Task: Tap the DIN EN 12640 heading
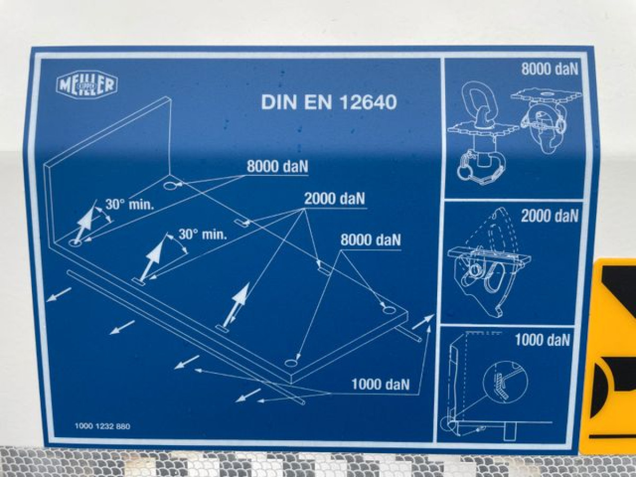[x=329, y=102]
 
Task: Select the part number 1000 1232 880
[x=102, y=426]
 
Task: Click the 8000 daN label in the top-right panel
[x=550, y=69]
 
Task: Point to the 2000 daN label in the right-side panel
[x=550, y=216]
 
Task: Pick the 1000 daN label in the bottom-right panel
[x=542, y=340]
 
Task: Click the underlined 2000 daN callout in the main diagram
[x=334, y=199]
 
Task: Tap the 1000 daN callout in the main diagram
[x=381, y=384]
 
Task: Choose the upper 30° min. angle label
[x=129, y=205]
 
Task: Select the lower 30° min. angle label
[x=202, y=234]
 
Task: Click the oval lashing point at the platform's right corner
[x=389, y=310]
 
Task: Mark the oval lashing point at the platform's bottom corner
[x=291, y=363]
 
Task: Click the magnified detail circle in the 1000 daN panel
[x=505, y=383]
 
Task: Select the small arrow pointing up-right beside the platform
[x=423, y=322]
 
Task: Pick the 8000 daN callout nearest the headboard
[x=277, y=166]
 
